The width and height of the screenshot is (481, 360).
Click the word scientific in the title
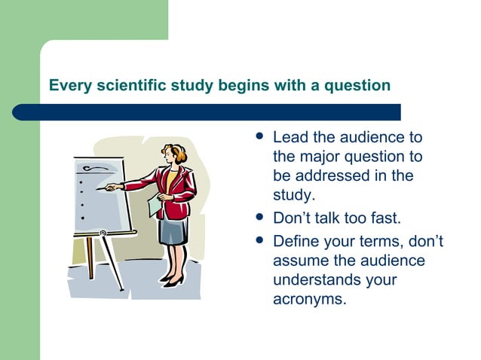click(x=125, y=85)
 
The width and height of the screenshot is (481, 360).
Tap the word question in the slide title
click(x=357, y=85)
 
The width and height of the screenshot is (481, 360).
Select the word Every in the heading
click(x=69, y=85)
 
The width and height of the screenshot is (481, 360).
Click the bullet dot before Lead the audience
click(x=259, y=139)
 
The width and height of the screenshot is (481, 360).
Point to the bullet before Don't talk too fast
click(x=259, y=218)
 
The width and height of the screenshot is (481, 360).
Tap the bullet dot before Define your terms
click(x=259, y=242)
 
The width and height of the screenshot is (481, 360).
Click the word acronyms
click(x=309, y=301)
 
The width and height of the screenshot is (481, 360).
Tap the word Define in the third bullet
click(x=296, y=242)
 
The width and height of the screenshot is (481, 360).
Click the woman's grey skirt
click(x=173, y=230)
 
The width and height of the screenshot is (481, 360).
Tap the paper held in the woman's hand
click(x=155, y=204)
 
